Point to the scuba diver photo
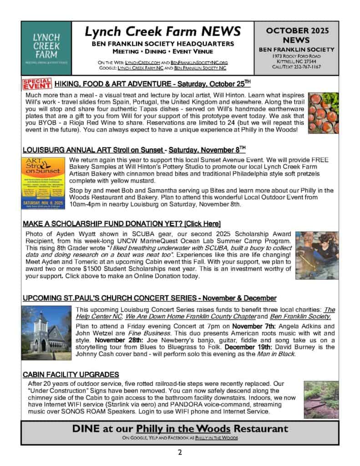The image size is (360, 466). click(317, 255)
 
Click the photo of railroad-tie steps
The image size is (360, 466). click(321, 400)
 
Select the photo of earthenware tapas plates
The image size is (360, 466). click(323, 112)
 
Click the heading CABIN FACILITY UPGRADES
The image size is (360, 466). click(71, 374)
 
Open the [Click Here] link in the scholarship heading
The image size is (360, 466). click(201, 223)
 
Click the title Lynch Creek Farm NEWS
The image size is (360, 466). click(162, 31)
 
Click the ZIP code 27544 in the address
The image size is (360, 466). click(314, 61)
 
